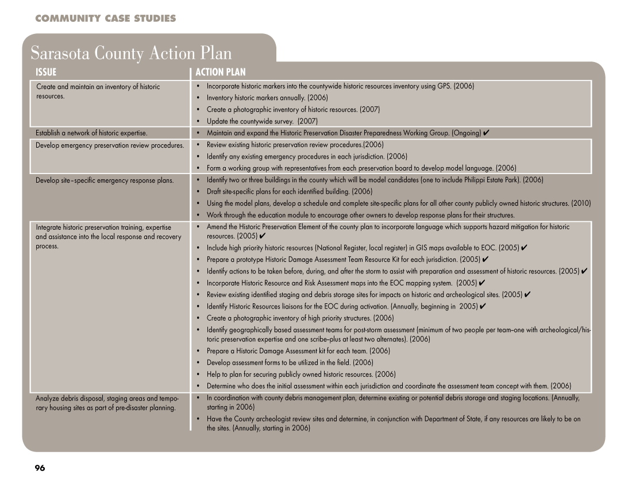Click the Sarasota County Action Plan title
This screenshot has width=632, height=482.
point(131,53)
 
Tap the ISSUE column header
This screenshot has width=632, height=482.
point(46,72)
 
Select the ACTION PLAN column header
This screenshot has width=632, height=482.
point(220,72)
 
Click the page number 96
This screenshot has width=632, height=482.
point(40,468)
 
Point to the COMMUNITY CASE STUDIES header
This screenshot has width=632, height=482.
point(105,19)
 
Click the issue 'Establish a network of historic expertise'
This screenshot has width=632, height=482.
point(91,133)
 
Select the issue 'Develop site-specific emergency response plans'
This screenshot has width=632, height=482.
point(105,180)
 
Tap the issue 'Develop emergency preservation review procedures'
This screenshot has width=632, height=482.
point(109,145)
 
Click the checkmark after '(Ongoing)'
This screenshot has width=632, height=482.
point(486,133)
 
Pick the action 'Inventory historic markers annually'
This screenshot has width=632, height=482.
point(267,98)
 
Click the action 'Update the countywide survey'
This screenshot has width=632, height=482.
point(262,121)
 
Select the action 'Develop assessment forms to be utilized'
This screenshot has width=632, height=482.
point(290,363)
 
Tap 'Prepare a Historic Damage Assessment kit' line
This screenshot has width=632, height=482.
point(290,350)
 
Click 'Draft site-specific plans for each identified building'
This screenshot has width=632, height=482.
point(289,191)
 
